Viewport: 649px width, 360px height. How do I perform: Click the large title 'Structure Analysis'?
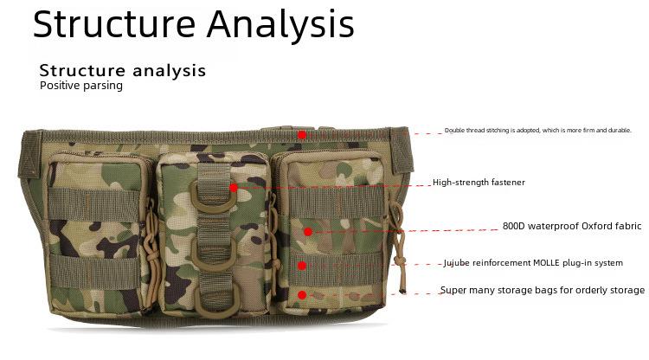click(193, 24)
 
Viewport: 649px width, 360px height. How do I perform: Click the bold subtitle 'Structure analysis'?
click(123, 70)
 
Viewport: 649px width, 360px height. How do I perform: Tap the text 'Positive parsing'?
click(81, 86)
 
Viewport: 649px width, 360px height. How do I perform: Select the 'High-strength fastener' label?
click(479, 182)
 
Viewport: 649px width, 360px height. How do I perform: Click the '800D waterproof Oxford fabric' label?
click(572, 226)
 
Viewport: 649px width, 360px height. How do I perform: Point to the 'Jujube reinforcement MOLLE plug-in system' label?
click(533, 263)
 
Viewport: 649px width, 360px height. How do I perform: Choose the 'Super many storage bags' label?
click(543, 290)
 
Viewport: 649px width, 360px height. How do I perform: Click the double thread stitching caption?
click(537, 131)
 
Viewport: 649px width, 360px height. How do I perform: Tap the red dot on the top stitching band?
click(302, 135)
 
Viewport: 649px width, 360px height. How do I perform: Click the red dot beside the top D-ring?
click(234, 189)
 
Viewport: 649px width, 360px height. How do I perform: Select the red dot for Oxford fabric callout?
click(307, 232)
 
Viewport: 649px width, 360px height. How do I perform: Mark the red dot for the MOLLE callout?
click(302, 266)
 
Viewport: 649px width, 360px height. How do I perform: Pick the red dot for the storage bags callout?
click(302, 295)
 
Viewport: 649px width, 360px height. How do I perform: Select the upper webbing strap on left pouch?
click(94, 205)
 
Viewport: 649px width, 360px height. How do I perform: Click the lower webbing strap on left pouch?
click(95, 272)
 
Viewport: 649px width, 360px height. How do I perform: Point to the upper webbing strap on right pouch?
click(336, 202)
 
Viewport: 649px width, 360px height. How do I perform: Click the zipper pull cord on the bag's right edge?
click(398, 244)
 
